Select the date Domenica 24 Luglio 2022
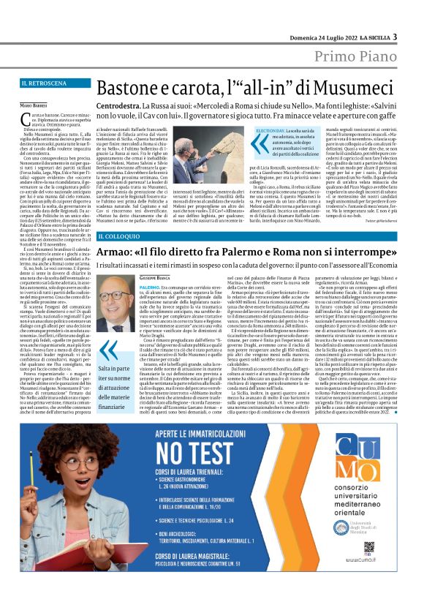[x=323, y=37]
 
